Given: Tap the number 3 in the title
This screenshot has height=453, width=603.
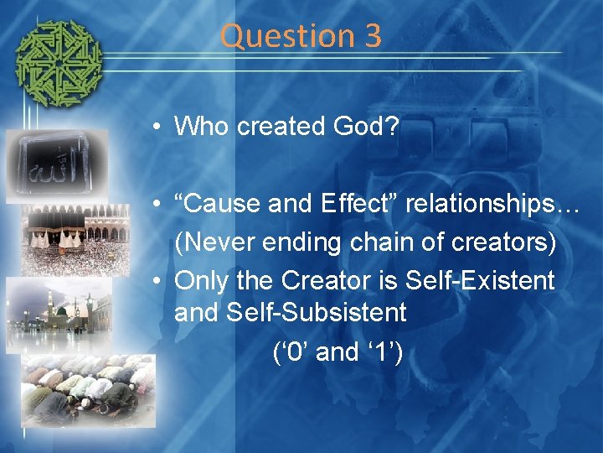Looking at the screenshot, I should [x=373, y=36].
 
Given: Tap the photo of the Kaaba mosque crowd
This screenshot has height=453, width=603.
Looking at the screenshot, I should [x=76, y=239].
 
